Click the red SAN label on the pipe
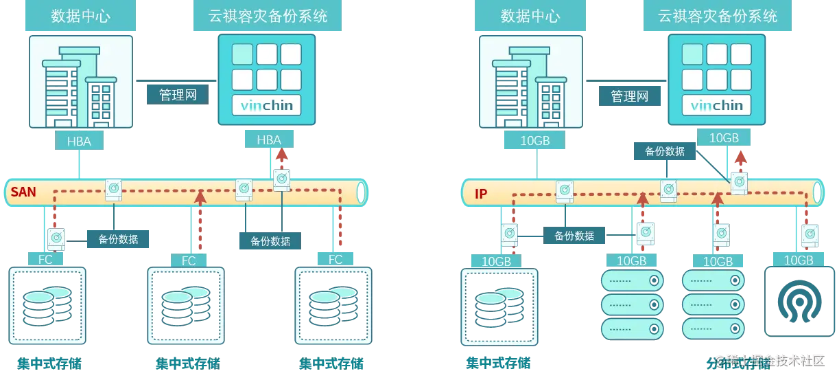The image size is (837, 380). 23,192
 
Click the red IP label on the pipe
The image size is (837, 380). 481,194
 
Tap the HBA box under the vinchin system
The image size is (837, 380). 269,140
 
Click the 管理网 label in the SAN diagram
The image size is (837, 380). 178,95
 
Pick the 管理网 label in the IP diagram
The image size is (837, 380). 629,97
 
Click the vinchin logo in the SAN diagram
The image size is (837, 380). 268,106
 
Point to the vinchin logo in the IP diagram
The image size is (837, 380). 716,106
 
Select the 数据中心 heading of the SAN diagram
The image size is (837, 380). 80,16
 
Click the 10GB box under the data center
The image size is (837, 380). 535,141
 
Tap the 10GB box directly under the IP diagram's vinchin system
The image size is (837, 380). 723,138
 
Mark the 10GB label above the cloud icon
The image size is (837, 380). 798,260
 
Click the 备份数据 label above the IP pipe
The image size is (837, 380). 665,151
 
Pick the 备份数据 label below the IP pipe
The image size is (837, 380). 574,236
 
